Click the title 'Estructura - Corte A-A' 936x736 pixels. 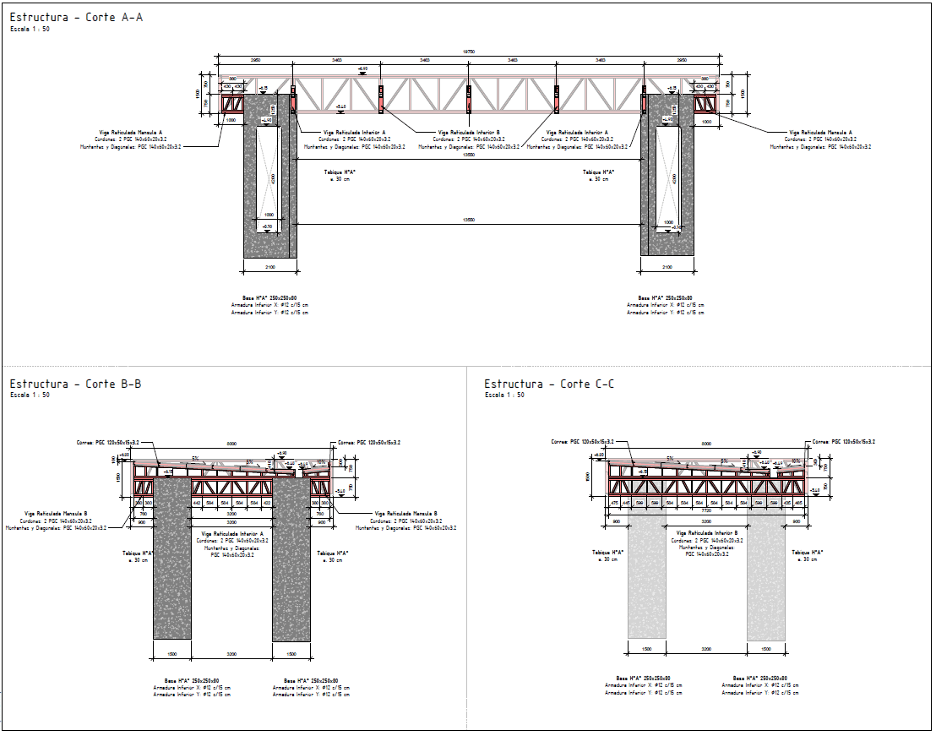tap(76, 17)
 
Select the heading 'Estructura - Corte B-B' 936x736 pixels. tap(76, 384)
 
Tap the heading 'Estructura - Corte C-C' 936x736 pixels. tap(549, 384)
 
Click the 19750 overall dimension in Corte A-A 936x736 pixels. tap(467, 52)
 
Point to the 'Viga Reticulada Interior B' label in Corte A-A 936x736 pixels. tap(468, 133)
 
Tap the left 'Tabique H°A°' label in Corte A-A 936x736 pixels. tap(340, 172)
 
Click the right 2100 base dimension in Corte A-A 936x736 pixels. tap(667, 267)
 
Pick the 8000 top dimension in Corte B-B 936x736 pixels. tap(231, 443)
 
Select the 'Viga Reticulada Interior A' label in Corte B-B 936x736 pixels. tap(232, 534)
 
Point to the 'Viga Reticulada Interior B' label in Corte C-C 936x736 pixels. tap(706, 534)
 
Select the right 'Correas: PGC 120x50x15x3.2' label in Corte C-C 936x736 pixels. tap(843, 442)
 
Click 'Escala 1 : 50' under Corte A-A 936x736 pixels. tap(30, 29)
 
